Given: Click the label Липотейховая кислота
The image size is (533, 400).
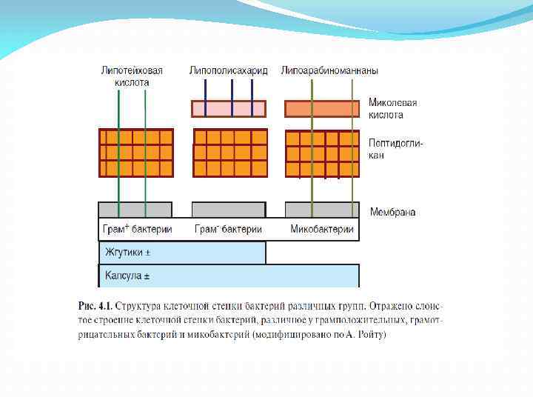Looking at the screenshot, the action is (132, 76).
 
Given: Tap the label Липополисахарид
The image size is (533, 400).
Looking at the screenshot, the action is (228, 71).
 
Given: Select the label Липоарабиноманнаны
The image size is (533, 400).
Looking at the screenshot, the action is (329, 71).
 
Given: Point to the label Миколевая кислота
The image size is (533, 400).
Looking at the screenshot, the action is (393, 109).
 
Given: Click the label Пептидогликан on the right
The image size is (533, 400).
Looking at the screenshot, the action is (396, 150).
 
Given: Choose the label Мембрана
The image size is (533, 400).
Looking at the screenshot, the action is (392, 212).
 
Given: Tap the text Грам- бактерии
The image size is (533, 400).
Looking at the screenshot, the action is (228, 229).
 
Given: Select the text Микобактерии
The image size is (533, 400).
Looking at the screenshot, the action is (322, 229).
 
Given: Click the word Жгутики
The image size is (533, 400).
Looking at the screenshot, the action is (124, 253).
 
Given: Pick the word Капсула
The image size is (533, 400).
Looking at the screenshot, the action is (123, 276).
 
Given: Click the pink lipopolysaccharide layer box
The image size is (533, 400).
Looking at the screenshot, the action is (229, 109).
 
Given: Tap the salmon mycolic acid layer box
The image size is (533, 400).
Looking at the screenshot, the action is (322, 109).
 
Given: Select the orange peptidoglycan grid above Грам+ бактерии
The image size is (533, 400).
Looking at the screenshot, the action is (136, 153).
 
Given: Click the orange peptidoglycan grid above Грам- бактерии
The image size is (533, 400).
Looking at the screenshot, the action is (229, 153).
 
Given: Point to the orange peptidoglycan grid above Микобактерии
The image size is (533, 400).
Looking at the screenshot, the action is (322, 153).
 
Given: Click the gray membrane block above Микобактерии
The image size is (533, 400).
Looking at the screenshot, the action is (322, 210).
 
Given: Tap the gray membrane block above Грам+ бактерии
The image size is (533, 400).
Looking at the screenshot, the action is (135, 210).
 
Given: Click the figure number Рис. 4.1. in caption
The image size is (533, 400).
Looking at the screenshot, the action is (95, 305).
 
